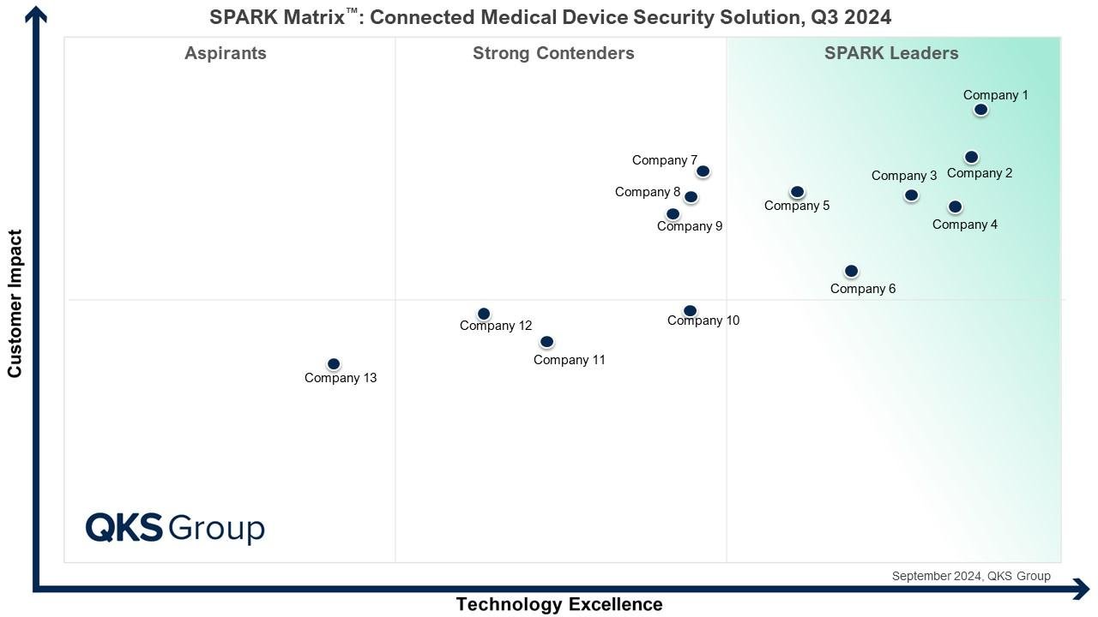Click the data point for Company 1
click(x=980, y=110)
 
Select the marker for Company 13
click(x=334, y=364)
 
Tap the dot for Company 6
click(x=851, y=271)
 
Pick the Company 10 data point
click(x=690, y=310)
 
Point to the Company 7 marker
click(x=703, y=171)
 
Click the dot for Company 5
click(x=797, y=192)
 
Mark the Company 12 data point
click(x=484, y=314)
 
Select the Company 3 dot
click(x=911, y=195)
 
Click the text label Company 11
click(x=569, y=360)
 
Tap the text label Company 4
click(x=964, y=225)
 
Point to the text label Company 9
click(x=690, y=226)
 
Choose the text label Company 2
click(x=980, y=173)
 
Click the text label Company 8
click(x=648, y=192)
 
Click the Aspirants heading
click(x=226, y=53)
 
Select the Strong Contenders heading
click(x=553, y=53)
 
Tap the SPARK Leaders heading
click(x=891, y=53)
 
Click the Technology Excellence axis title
click(x=559, y=604)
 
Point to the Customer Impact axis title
click(x=15, y=303)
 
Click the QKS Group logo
click(x=175, y=527)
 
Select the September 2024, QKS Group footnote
click(x=970, y=576)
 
